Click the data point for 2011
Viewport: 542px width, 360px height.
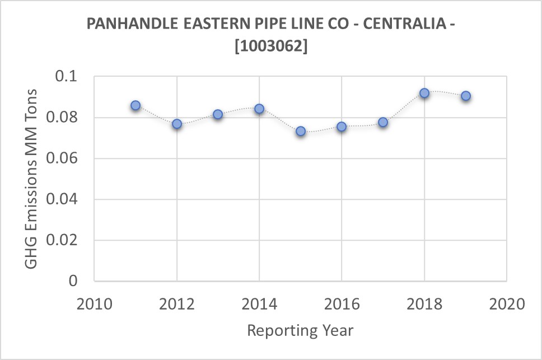click(135, 105)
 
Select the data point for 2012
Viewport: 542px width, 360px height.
click(177, 124)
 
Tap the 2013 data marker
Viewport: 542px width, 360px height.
click(218, 114)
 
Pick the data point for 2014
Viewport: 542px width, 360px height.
click(259, 109)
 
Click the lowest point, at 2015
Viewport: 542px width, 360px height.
click(301, 131)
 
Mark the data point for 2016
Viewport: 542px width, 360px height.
click(342, 127)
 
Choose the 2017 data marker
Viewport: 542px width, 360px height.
click(383, 122)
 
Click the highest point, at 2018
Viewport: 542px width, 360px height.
click(424, 93)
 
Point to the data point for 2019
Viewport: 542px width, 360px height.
click(466, 96)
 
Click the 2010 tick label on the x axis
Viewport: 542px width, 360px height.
click(94, 305)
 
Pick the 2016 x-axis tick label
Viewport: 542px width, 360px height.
click(342, 305)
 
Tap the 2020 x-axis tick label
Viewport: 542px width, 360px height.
click(507, 305)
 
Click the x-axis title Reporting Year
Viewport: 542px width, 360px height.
click(300, 330)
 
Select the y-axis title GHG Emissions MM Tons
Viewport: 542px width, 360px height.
click(32, 178)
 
